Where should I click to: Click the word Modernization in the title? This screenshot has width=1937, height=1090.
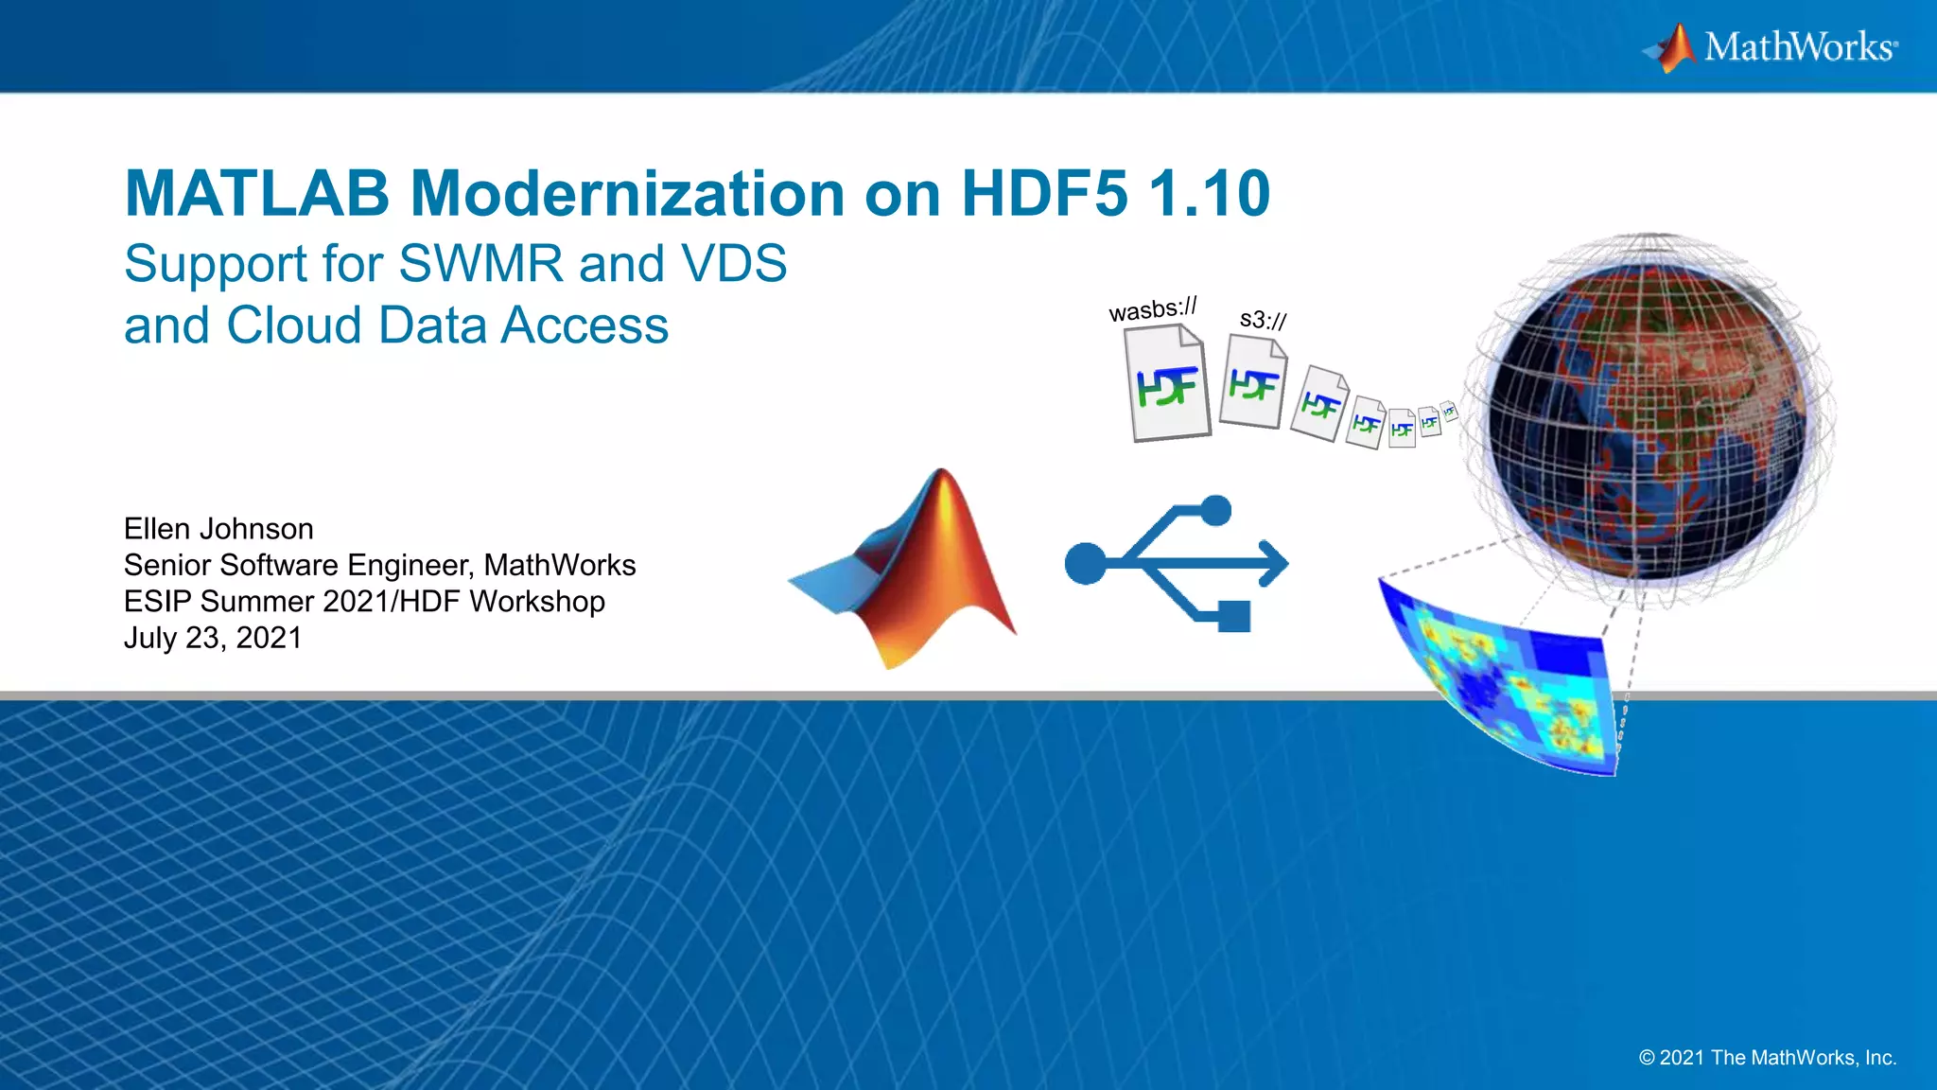click(x=628, y=194)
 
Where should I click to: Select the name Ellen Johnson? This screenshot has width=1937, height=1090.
click(x=218, y=529)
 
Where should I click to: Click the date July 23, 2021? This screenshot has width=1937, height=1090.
click(x=213, y=638)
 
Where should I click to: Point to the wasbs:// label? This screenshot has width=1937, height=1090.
click(x=1153, y=309)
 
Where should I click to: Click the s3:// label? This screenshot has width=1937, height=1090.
click(x=1263, y=320)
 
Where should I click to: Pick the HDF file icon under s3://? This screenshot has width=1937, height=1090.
click(x=1253, y=382)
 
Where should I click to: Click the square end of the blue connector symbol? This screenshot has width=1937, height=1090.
click(x=1234, y=617)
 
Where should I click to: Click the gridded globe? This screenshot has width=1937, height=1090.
click(x=1648, y=421)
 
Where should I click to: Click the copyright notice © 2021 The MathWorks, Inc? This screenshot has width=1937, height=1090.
click(x=1768, y=1058)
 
